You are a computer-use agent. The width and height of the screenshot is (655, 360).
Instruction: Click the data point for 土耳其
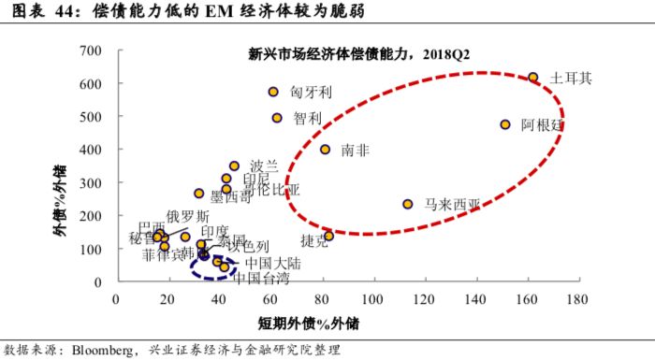tap(533, 78)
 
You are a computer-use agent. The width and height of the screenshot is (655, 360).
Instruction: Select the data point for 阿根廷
tap(505, 124)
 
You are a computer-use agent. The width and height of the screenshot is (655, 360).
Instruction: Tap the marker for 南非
tap(326, 150)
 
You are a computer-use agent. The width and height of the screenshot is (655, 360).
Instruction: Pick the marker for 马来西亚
tap(408, 204)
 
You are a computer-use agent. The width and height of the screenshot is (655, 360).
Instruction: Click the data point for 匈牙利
tap(273, 92)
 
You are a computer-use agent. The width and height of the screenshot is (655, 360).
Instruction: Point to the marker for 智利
tap(277, 118)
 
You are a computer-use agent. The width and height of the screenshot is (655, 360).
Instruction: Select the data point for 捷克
tap(328, 236)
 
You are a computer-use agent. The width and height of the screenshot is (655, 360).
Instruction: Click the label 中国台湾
tap(260, 277)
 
